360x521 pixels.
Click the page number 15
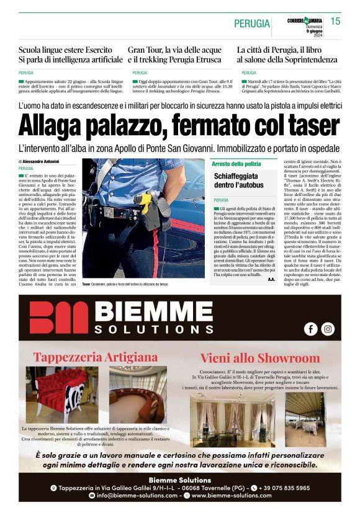point(335,22)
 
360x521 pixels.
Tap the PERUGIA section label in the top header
point(252,24)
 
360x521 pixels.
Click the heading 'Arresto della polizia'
point(236,164)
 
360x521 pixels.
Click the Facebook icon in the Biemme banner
point(310,329)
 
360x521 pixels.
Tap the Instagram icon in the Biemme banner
point(328,329)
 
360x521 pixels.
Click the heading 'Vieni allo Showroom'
point(260,358)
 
